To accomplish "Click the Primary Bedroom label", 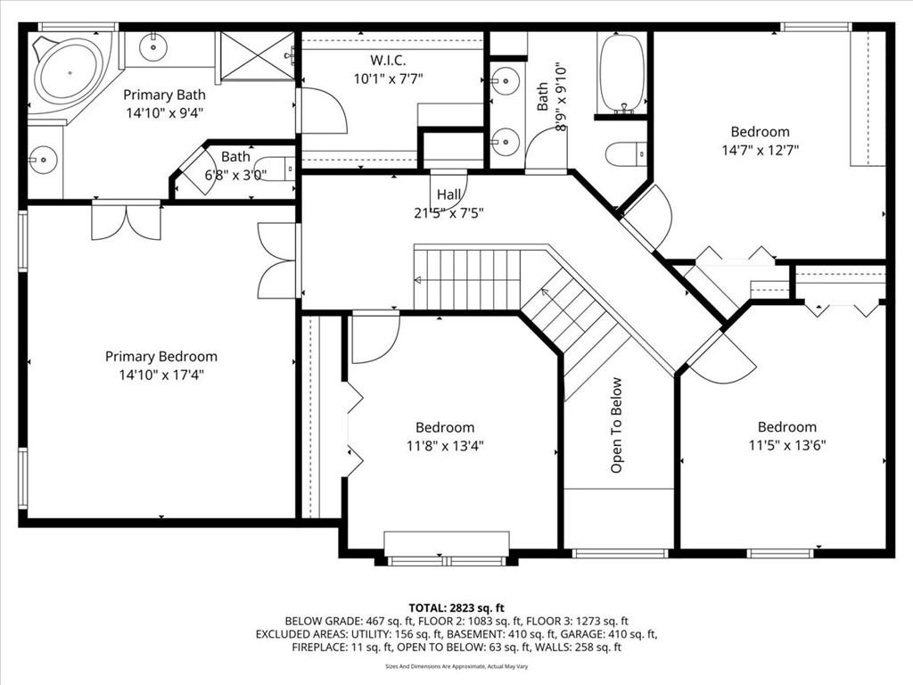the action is (160, 357).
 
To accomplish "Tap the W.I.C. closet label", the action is (388, 60).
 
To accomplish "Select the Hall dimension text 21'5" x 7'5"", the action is (449, 213).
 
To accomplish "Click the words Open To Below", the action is (616, 425).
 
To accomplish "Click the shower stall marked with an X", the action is (258, 55).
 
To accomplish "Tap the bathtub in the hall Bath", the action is (622, 73).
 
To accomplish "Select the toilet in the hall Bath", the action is (626, 153).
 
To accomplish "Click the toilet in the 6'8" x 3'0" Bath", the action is (276, 169).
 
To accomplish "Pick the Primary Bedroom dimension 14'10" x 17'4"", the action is (161, 376).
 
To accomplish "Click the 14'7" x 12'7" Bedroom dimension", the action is (760, 150).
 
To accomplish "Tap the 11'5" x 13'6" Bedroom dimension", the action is (787, 446).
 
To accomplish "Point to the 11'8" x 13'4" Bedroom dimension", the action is (446, 446).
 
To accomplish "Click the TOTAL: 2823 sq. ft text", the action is (456, 608).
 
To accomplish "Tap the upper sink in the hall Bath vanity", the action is (505, 80).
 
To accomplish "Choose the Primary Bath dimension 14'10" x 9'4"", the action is (164, 113).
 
